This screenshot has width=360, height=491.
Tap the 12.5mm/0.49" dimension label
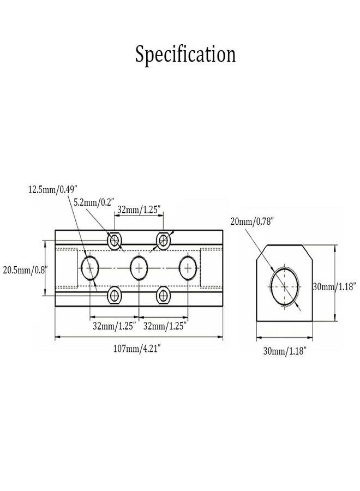point(52,190)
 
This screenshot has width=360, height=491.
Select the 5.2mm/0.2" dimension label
point(94,202)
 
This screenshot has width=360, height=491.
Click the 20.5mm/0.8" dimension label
point(25,270)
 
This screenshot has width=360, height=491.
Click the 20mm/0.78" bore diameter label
point(252,221)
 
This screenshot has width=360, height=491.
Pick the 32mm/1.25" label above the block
point(139,209)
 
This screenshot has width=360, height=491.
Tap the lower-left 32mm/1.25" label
point(115,326)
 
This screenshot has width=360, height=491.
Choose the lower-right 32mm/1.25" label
point(165,326)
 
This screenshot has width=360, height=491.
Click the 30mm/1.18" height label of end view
point(334,286)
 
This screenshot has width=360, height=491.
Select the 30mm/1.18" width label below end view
point(284,351)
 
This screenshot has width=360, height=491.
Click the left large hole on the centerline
point(90,268)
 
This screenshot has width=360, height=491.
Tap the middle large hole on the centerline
point(139,268)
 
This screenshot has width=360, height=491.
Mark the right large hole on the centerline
point(188,268)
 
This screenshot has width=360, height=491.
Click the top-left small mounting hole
point(115,241)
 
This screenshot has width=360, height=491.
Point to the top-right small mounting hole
point(164,241)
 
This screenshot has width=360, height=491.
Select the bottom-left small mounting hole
point(115,295)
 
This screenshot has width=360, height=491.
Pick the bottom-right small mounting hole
point(164,295)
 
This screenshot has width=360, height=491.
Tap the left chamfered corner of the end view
point(262,252)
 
